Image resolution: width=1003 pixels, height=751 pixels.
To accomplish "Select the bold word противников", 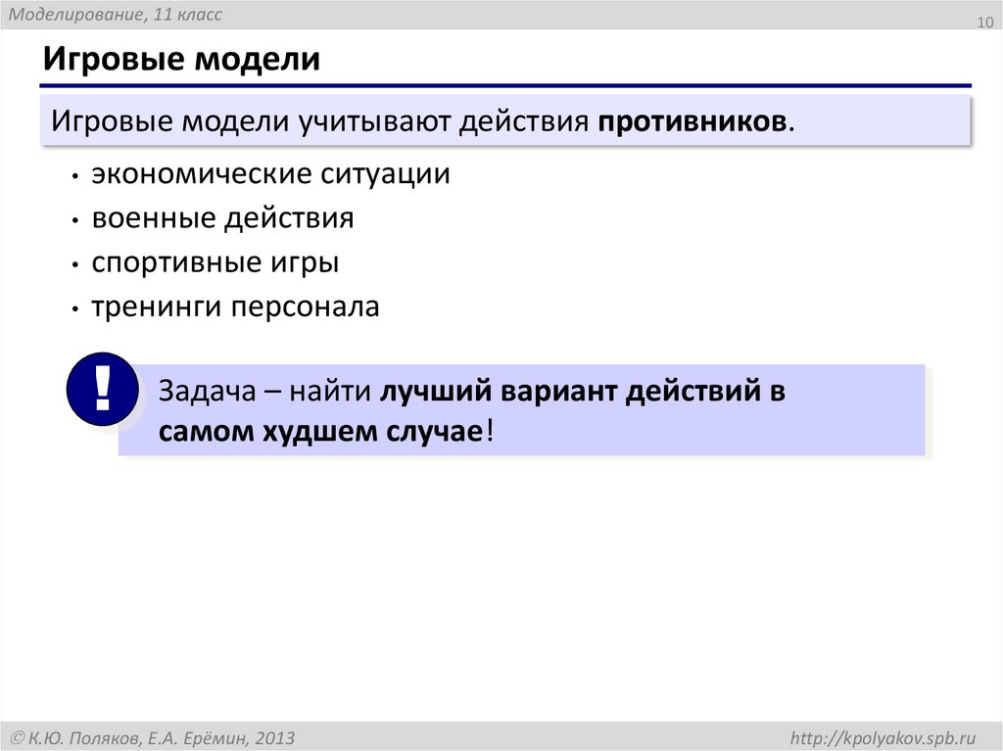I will click(692, 121).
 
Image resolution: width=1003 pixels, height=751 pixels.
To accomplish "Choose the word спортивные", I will click(173, 262).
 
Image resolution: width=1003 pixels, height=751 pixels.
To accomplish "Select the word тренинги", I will click(157, 306).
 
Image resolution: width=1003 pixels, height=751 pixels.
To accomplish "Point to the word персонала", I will click(305, 306).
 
